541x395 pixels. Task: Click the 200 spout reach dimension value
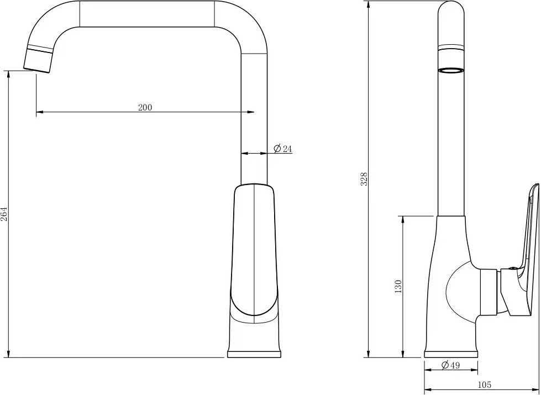click(145, 107)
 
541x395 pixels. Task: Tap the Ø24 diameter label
click(283, 149)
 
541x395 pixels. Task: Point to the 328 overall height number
click(364, 179)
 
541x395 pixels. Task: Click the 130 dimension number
click(398, 287)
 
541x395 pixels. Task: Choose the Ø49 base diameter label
click(450, 365)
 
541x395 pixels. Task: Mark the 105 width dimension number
click(485, 385)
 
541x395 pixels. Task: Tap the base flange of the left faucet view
click(254, 354)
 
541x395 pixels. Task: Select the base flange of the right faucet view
click(451, 354)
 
